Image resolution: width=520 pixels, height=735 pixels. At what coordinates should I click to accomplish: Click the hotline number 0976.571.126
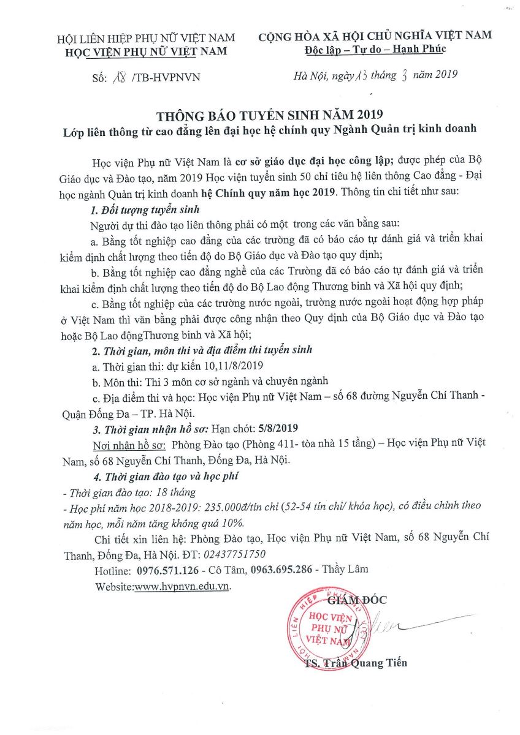coord(167,570)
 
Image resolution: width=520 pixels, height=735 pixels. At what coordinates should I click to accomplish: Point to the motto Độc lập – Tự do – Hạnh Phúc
coord(375,49)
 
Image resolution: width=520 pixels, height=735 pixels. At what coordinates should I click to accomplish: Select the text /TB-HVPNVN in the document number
coord(166,77)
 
